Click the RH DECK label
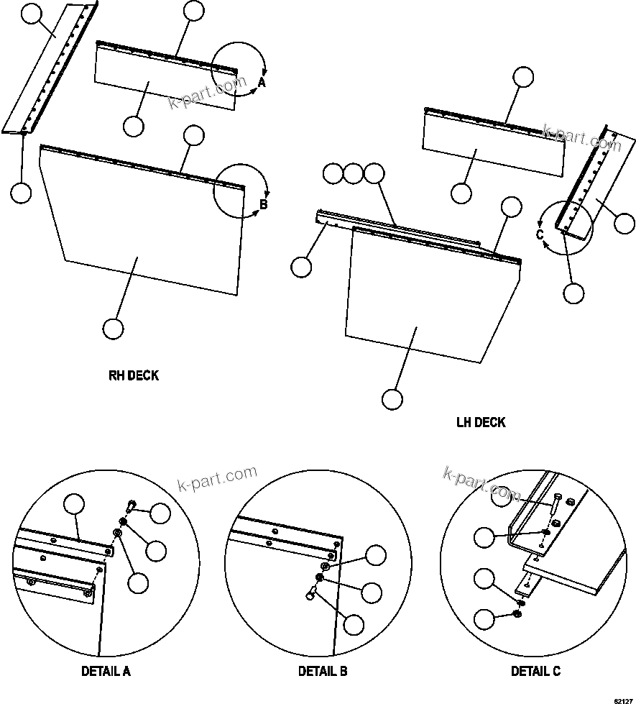(134, 375)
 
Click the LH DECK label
(481, 422)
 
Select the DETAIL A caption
(106, 672)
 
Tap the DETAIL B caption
(323, 672)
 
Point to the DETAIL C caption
(535, 672)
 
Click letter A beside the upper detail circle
(262, 83)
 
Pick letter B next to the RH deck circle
(263, 205)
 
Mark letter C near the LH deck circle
(540, 234)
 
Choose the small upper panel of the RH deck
(165, 79)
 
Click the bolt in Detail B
(313, 592)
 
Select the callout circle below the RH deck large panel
(113, 329)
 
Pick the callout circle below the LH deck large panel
(392, 398)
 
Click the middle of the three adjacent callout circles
(353, 173)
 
